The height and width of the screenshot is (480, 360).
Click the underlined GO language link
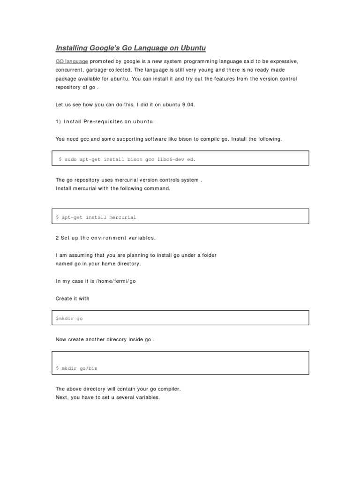pos(72,61)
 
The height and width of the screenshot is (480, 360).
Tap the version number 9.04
pos(187,105)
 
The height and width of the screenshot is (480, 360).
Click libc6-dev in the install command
pos(171,159)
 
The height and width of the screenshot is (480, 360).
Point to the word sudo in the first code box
pos(70,159)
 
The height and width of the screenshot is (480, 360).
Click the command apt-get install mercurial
pos(96,217)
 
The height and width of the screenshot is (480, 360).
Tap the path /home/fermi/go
pos(115,281)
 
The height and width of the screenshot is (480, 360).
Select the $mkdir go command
pos(69,319)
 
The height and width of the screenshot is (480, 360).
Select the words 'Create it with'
pos(72,299)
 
